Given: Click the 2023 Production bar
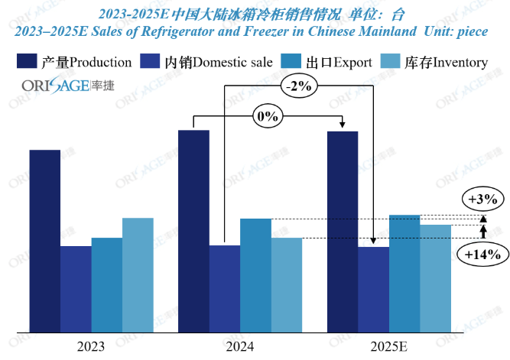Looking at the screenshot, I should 44,241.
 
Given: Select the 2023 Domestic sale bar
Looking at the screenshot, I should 76,289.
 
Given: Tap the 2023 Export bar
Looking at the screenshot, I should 107,284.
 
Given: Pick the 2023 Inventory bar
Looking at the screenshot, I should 138,275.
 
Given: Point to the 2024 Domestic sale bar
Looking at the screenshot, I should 225,288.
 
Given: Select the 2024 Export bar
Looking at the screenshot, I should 255,275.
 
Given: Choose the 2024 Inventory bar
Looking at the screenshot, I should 287,284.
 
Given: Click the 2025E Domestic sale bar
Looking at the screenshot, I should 373,289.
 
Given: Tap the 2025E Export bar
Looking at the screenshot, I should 404,273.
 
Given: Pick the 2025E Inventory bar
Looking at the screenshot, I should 436,278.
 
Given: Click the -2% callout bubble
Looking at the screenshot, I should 297,86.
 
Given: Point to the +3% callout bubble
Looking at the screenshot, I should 482,199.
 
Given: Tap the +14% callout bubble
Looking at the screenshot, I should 482,255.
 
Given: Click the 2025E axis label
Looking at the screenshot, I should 389,346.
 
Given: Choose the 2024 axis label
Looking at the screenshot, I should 240,346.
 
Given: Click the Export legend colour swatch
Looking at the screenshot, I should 292,61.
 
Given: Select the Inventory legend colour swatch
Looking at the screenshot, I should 391,61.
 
